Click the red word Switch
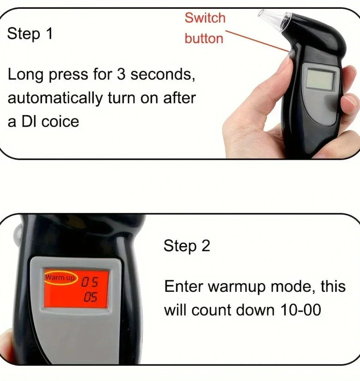[205, 18]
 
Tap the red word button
[204, 38]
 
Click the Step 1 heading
[30, 33]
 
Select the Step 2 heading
[186, 246]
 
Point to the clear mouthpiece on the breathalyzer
[275, 19]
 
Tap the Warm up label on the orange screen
[60, 277]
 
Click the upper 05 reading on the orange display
[90, 282]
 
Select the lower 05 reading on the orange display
[90, 297]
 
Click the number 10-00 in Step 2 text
[301, 310]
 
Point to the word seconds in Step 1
[162, 74]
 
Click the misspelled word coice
[60, 122]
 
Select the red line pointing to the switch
[257, 41]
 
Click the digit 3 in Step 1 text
[121, 74]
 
